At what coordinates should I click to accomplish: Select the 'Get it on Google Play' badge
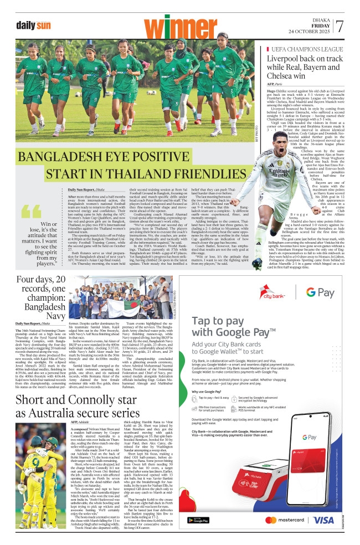click(x=198, y=520)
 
